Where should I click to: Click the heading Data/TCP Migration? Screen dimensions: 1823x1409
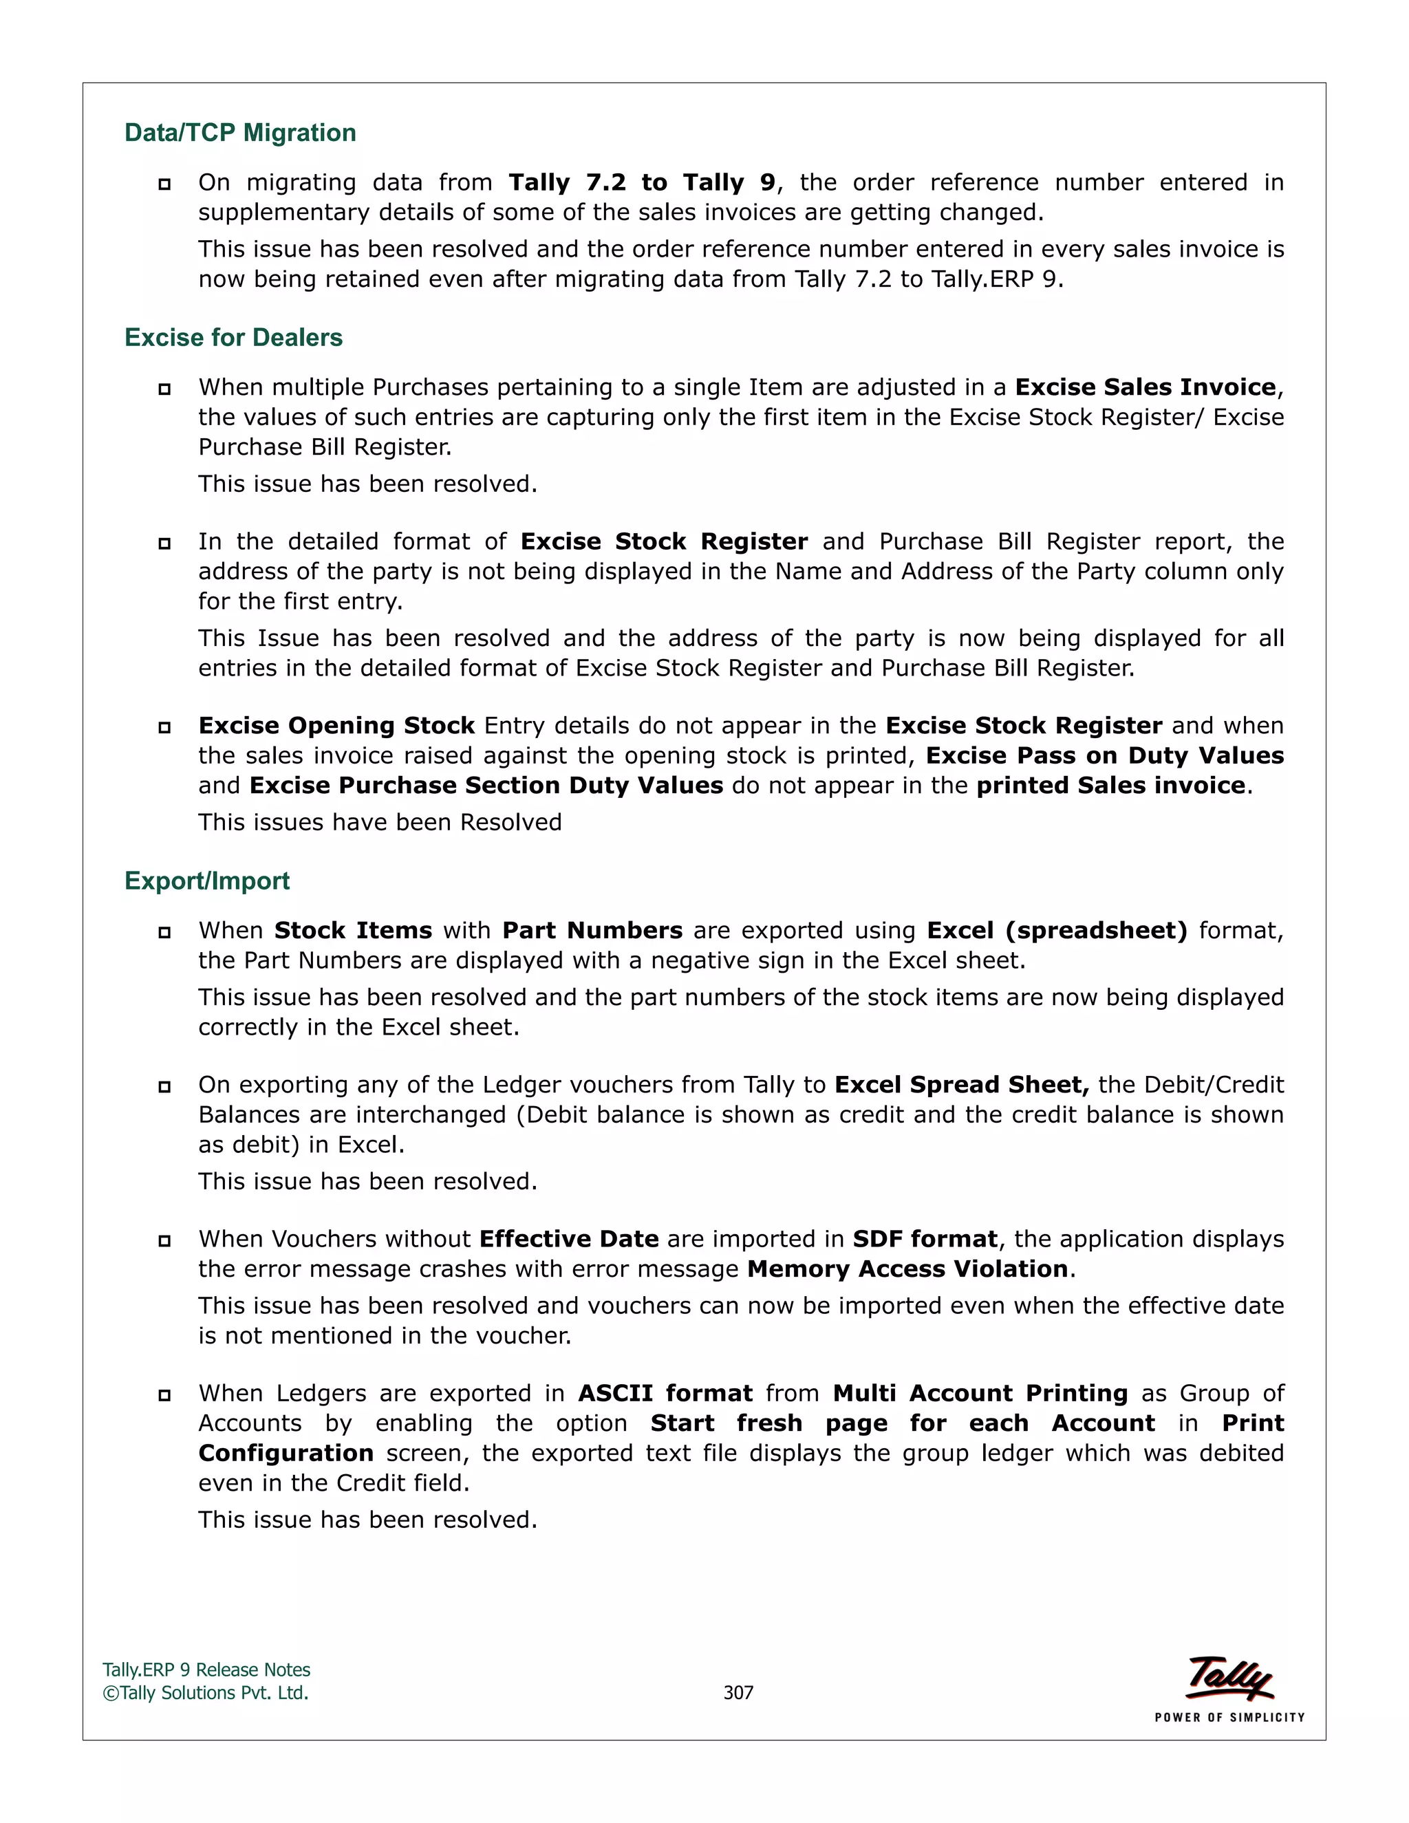click(x=239, y=133)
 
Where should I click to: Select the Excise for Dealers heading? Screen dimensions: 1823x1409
click(x=233, y=337)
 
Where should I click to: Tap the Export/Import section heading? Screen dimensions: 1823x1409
click(x=206, y=881)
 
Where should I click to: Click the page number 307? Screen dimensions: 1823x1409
click(x=738, y=1693)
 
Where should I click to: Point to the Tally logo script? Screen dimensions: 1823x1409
click(x=1229, y=1676)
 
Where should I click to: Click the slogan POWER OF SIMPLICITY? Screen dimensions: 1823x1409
click(x=1229, y=1717)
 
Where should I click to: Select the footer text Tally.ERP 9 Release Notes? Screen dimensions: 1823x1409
click(x=206, y=1670)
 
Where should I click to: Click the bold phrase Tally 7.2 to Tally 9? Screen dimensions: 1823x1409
click(x=642, y=182)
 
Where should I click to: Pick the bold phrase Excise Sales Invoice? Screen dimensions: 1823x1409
click(x=1146, y=387)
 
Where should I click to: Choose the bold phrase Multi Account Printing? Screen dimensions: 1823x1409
click(x=980, y=1393)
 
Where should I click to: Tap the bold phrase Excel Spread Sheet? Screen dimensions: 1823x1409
click(x=962, y=1084)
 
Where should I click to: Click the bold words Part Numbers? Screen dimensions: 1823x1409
click(x=592, y=930)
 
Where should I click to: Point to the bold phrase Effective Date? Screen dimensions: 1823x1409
click(x=568, y=1239)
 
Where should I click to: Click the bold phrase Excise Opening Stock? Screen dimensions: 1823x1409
click(x=336, y=725)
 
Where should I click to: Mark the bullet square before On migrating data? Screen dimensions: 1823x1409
click(x=164, y=184)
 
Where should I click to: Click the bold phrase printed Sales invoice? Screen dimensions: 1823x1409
click(x=1110, y=786)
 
